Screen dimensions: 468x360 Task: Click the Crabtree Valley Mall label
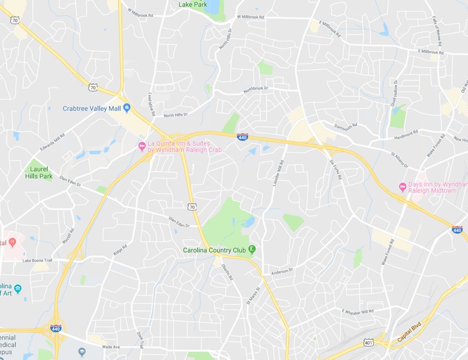coord(92,108)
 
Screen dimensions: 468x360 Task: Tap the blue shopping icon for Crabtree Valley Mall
coord(127,108)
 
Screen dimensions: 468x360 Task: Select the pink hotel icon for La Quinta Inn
coord(141,146)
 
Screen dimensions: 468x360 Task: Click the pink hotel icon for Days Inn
coord(403,187)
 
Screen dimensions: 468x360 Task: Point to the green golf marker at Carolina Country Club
coord(252,250)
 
